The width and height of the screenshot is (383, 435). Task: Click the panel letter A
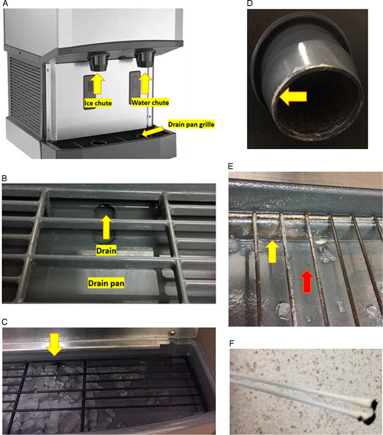[6, 4]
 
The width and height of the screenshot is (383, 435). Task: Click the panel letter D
[250, 4]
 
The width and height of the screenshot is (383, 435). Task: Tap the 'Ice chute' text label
[97, 102]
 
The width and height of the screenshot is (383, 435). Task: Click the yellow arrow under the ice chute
[97, 84]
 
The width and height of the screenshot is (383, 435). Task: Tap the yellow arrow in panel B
[106, 227]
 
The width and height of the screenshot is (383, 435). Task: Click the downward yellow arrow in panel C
[55, 345]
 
